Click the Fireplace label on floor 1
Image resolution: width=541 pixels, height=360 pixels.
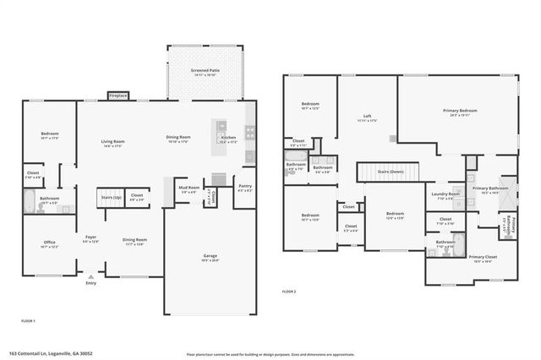point(118,96)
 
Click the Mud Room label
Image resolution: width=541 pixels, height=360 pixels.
point(188,188)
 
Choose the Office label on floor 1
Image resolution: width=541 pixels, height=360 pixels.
point(49,243)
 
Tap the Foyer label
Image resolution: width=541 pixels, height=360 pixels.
point(90,237)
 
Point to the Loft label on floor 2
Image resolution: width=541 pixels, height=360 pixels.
point(367,117)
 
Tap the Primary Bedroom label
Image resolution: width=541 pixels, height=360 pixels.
point(460,111)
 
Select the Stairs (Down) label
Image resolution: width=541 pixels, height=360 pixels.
point(391,172)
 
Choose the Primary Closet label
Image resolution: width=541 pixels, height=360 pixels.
point(483,256)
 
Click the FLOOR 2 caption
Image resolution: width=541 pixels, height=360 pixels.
point(289,291)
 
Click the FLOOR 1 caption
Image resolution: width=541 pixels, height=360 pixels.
point(28,321)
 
